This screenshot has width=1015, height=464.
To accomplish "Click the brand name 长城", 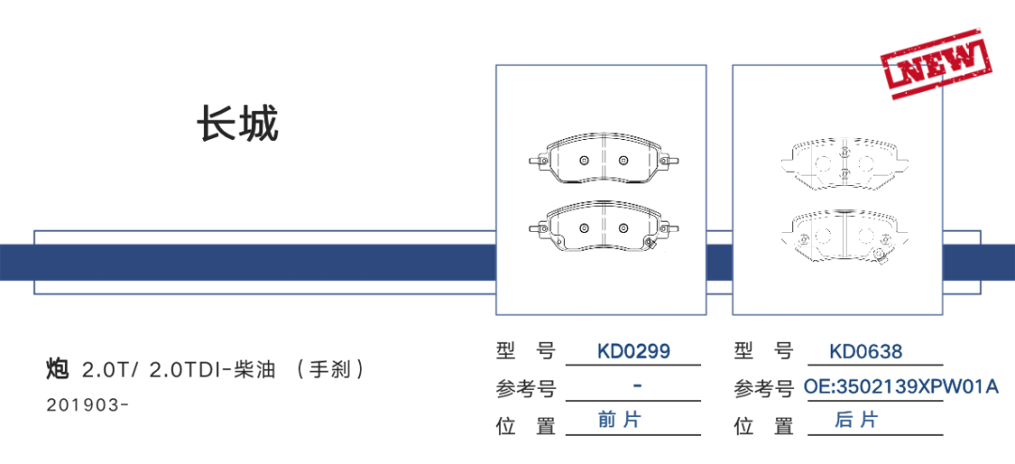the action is click(238, 124).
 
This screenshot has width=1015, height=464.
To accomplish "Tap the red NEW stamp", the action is click(937, 62).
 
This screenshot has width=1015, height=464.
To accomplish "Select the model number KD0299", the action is click(633, 352).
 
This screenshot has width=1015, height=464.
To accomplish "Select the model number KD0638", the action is click(866, 352).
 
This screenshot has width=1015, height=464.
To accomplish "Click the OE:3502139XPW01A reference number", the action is click(900, 387).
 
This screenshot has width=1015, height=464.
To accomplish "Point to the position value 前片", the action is click(619, 420).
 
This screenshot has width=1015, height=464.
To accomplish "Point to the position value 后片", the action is click(856, 420).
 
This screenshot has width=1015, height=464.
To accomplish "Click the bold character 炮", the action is click(56, 369).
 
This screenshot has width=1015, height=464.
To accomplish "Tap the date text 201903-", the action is click(86, 405).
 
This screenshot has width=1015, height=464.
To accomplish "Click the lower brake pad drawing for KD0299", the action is click(601, 228).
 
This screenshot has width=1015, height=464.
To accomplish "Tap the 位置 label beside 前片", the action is click(526, 425).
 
